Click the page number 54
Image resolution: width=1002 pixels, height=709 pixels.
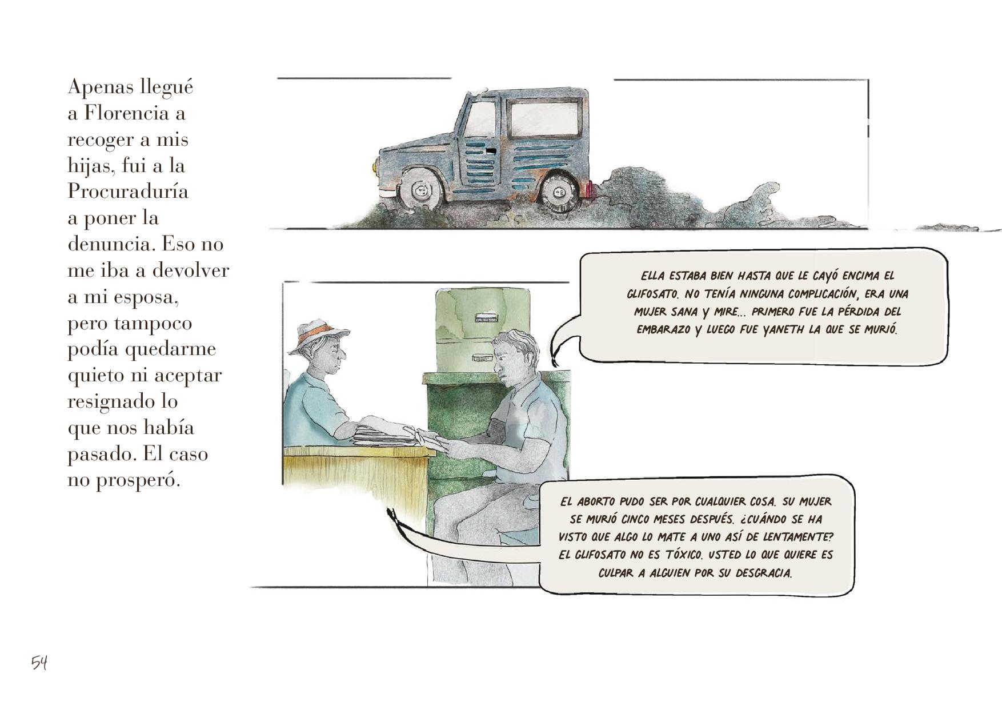click(x=39, y=663)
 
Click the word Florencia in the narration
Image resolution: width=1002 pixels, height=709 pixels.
click(x=126, y=113)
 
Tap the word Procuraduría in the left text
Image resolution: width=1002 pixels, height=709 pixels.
click(x=128, y=190)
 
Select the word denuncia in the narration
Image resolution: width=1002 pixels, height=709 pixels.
click(x=111, y=244)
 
